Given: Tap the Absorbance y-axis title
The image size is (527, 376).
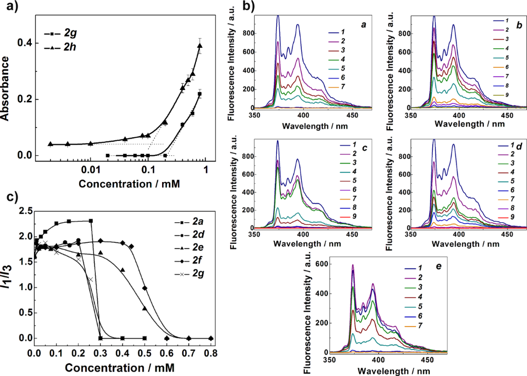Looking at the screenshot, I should point(7,88).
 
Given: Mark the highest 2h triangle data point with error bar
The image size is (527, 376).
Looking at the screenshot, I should point(200,46).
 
